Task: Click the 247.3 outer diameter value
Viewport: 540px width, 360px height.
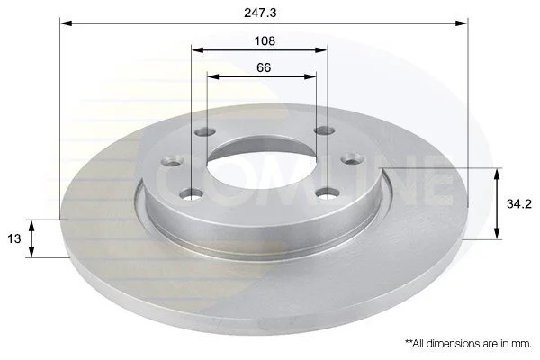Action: click(260, 13)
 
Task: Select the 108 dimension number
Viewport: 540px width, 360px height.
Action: click(265, 41)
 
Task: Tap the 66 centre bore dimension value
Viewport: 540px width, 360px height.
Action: click(264, 67)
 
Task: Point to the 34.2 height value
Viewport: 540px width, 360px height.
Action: click(519, 204)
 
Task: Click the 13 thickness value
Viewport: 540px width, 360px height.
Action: click(14, 238)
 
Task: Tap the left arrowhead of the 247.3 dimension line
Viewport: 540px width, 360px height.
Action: click(66, 23)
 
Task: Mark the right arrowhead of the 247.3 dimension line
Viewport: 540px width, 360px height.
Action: click(462, 23)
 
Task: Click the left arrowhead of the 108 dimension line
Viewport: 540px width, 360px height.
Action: click(198, 50)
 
